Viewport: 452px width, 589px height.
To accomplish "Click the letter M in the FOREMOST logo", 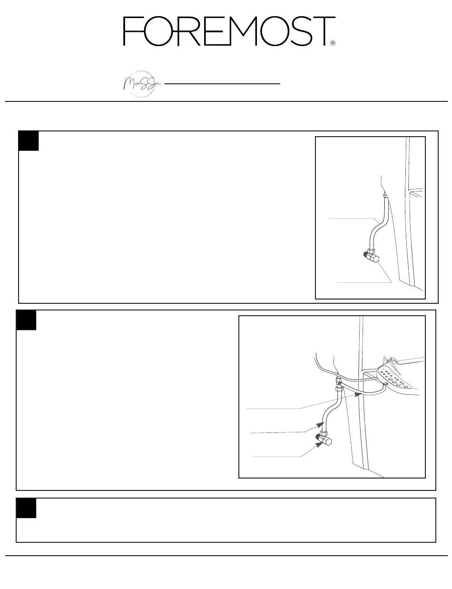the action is point(244,31).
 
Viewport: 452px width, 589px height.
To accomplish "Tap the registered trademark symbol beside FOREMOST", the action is point(333,43).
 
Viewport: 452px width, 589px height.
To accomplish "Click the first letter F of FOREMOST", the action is point(134,31).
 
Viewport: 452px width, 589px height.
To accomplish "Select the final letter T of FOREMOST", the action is point(324,31).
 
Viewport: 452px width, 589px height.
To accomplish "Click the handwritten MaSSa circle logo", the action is point(141,84).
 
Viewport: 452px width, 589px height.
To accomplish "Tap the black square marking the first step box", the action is point(29,140).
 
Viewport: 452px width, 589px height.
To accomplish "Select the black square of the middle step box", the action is point(26,320).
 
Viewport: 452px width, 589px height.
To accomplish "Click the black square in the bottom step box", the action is point(26,508).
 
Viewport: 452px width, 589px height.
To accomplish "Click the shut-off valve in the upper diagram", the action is point(372,256).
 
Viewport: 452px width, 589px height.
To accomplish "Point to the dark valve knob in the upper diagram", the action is point(365,254).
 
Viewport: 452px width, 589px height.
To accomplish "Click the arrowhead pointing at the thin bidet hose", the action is point(358,395).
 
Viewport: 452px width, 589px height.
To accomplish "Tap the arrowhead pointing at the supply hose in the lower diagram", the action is point(320,425).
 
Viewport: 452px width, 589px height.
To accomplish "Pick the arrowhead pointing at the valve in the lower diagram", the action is point(319,445).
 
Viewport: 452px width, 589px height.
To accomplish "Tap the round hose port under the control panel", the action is point(386,383).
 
